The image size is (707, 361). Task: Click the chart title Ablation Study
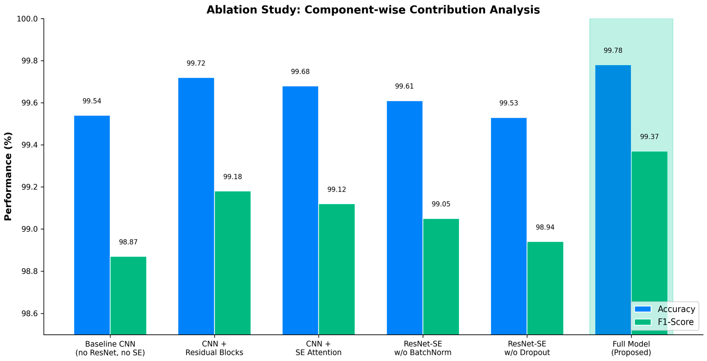point(373,10)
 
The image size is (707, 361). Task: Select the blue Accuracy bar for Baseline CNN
point(92,225)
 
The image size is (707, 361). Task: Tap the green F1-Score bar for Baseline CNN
point(128,296)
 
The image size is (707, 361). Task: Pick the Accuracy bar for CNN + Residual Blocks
point(196,206)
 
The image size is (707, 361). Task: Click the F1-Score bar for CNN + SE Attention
point(337,269)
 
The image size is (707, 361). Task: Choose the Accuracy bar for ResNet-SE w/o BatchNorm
point(405,218)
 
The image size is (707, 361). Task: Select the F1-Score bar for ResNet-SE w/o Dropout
point(545,288)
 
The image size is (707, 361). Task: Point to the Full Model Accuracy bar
point(613,200)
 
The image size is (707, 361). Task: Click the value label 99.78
point(613,50)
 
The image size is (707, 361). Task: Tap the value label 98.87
point(128,242)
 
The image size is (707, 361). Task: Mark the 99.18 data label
point(232,177)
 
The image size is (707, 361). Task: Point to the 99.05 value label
point(441,204)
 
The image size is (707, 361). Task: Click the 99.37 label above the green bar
point(649,137)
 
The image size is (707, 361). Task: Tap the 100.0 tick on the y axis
point(27,19)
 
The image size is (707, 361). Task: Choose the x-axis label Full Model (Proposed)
point(631,348)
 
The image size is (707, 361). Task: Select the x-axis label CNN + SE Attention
point(318,348)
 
